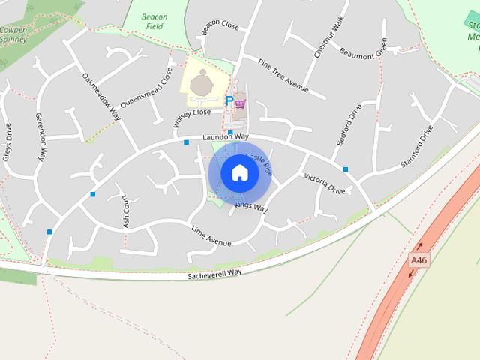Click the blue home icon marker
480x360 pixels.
[x=239, y=173]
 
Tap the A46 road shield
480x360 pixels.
[x=418, y=260]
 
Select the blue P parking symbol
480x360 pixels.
[x=229, y=100]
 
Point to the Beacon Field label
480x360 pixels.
[x=154, y=21]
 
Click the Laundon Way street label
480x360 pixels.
[x=225, y=137]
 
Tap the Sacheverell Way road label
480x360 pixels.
[x=215, y=275]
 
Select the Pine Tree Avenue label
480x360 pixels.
[x=283, y=75]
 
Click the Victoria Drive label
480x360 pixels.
[x=325, y=184]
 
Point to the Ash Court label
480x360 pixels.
[x=126, y=214]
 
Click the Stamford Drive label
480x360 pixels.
[x=417, y=144]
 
